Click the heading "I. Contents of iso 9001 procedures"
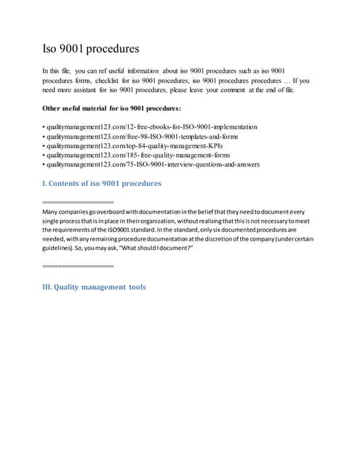click(103, 183)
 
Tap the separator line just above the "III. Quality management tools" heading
click(79, 267)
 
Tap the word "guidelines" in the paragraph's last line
click(60, 248)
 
